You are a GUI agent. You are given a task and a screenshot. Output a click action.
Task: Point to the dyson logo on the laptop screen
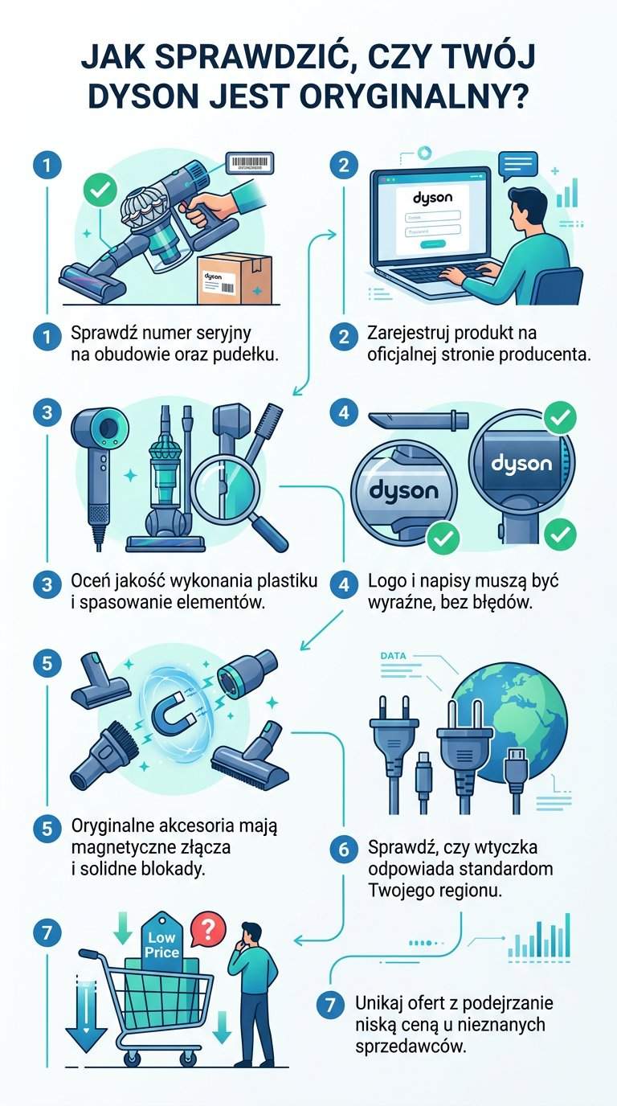432,197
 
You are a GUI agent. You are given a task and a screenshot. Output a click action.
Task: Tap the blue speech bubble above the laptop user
517,166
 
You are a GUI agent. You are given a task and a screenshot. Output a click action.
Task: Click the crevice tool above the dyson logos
418,420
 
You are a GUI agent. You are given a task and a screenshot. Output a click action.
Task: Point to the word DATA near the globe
393,656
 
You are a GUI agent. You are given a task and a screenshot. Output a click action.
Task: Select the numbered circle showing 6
344,849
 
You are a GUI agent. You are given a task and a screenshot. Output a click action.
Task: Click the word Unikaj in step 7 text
378,1004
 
